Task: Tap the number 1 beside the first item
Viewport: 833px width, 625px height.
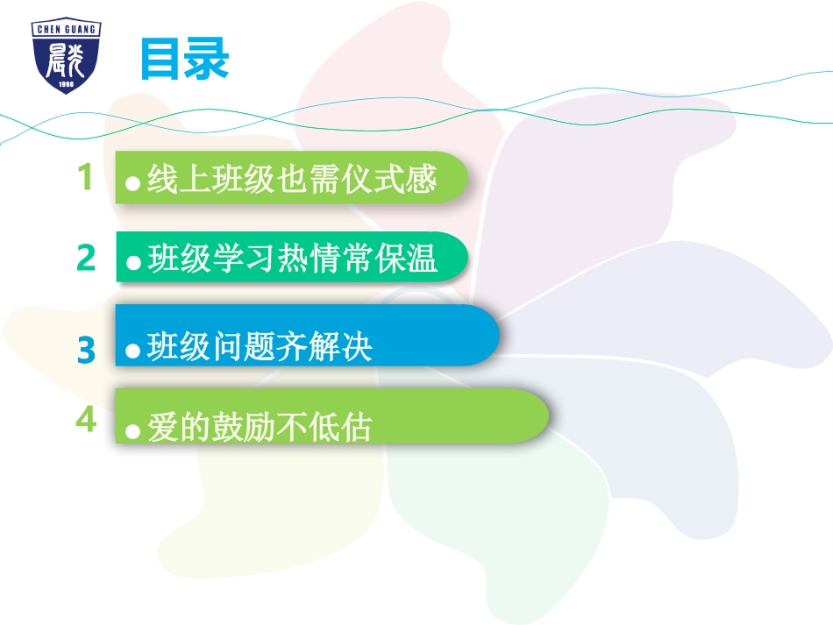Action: (x=85, y=179)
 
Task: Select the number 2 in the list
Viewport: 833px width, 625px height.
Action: (x=85, y=259)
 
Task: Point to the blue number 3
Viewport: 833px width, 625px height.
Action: (x=85, y=351)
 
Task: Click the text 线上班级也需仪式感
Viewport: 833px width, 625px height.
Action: (x=292, y=181)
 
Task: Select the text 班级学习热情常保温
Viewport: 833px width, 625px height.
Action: (x=293, y=260)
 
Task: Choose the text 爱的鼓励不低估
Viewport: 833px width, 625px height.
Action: (x=260, y=428)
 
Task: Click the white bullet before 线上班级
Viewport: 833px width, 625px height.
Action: (x=133, y=183)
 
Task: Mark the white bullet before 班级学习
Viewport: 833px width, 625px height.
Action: (x=133, y=263)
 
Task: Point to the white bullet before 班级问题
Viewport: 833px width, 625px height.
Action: (x=133, y=351)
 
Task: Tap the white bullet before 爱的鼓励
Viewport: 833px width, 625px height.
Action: (x=133, y=430)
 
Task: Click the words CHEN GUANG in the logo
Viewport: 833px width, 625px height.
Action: (x=66, y=29)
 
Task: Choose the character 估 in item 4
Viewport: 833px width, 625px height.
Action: (x=357, y=428)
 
